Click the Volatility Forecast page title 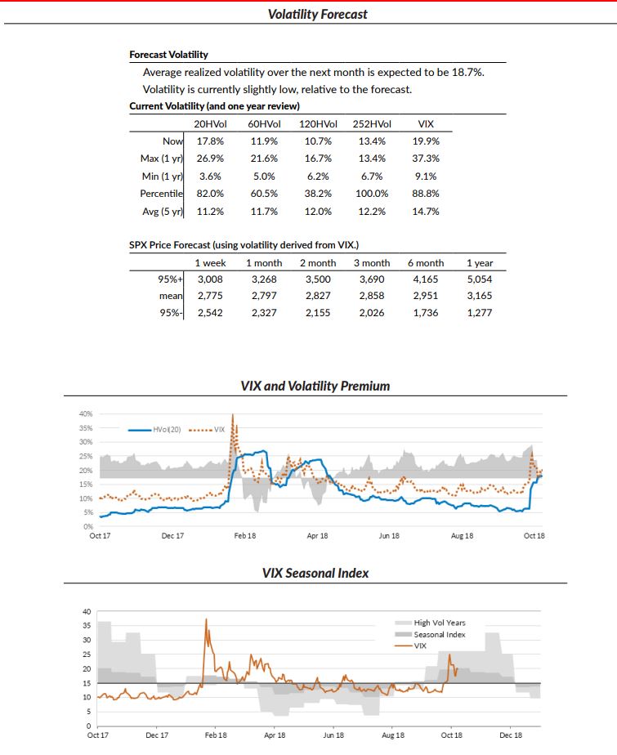(318, 14)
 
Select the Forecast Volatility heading (168, 55)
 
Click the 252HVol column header (372, 124)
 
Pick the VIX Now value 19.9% (425, 141)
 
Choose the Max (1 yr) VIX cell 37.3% (425, 159)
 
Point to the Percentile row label (160, 194)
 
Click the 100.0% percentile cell (372, 194)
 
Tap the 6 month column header (425, 263)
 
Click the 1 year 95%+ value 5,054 (479, 279)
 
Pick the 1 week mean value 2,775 (211, 296)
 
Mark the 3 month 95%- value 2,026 (372, 313)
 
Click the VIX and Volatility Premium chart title (315, 386)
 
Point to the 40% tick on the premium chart (85, 414)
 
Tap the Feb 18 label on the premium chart (245, 536)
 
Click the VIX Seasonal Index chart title (315, 573)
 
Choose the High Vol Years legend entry (439, 623)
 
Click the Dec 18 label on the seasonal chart (511, 735)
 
